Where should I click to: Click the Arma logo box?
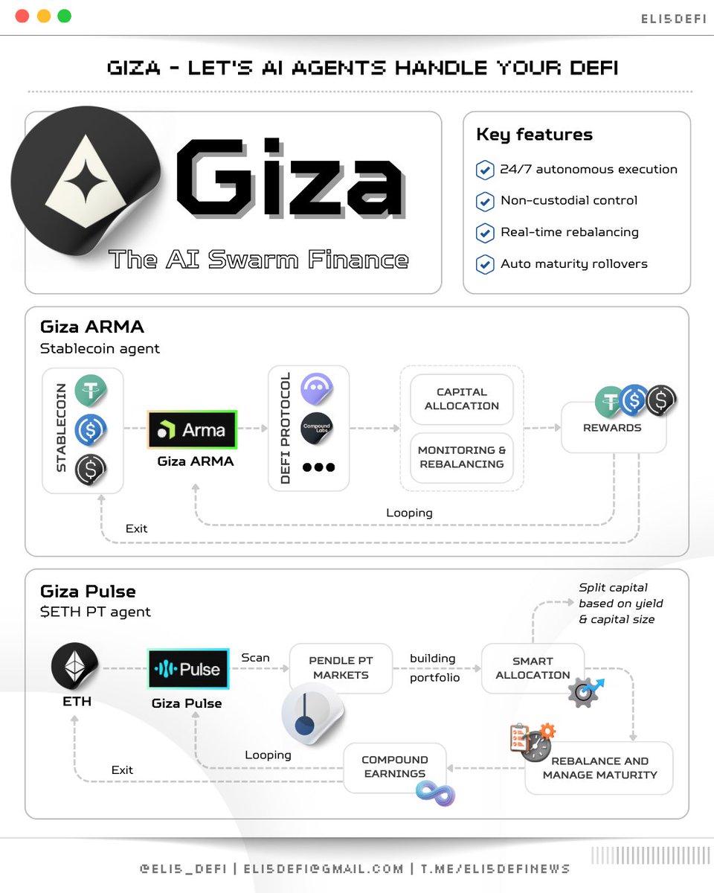point(192,429)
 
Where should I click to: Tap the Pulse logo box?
point(188,669)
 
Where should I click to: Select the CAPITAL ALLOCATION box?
point(461,399)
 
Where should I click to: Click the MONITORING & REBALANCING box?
point(461,457)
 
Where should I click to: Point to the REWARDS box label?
point(613,428)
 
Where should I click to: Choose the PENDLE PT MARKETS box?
point(341,668)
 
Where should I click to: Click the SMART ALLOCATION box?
point(533,668)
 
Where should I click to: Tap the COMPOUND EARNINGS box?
point(394,766)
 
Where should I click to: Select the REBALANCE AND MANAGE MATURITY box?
point(599,768)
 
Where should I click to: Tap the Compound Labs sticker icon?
point(316,429)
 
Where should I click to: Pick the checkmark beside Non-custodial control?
point(485,201)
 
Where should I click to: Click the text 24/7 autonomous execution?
point(588,169)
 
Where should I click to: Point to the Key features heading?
point(534,135)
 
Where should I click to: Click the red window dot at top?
point(22,16)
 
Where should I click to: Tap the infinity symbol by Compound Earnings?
point(435,793)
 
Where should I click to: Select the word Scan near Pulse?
point(255,658)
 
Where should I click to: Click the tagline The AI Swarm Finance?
point(258,260)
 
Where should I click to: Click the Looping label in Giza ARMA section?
point(409,513)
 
